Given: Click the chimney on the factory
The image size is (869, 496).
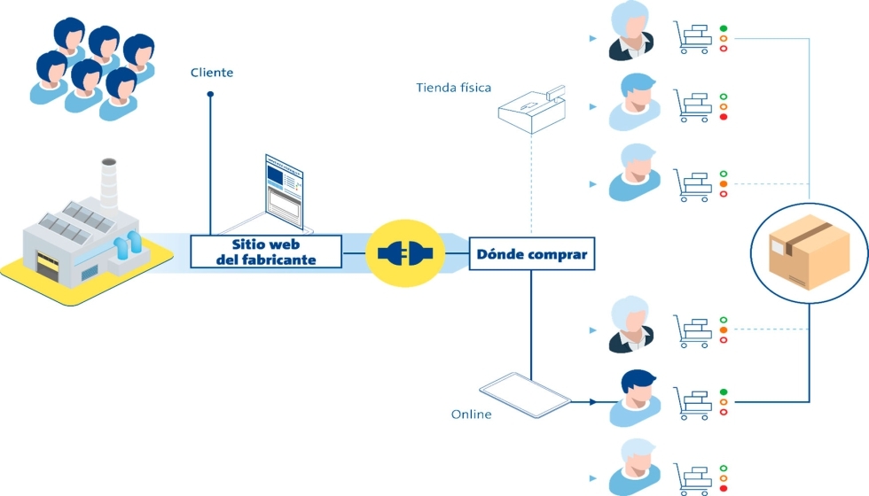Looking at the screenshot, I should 109,181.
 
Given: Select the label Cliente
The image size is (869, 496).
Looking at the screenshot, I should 212,73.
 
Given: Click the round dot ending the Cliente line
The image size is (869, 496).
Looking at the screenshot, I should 210,92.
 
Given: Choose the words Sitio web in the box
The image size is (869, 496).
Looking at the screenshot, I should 266,244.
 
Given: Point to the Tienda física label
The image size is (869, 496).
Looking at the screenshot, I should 453,87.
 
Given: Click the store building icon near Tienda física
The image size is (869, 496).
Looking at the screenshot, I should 530,108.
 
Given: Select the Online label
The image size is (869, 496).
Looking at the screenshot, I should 471,415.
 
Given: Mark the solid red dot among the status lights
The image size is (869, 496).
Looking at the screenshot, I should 724,117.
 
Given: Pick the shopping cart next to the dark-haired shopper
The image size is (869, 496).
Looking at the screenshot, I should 693,403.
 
